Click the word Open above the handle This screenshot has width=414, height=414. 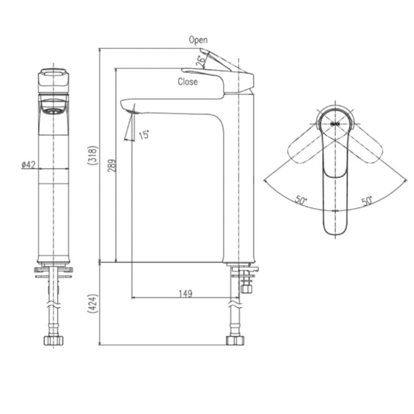pos(198,40)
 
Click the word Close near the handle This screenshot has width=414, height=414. pos(188,82)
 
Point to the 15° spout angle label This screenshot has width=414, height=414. pos(144,134)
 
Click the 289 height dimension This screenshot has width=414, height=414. pos(111,165)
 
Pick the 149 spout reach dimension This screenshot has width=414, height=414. pos(185,293)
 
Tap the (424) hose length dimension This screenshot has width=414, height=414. pos(93,304)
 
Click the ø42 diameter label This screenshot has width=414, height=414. pos(29,165)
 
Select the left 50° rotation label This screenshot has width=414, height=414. pos(301,201)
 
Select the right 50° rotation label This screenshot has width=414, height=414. pos(367,201)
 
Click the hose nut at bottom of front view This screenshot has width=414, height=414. pos(53,340)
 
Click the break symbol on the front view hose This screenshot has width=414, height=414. pos(53,304)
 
